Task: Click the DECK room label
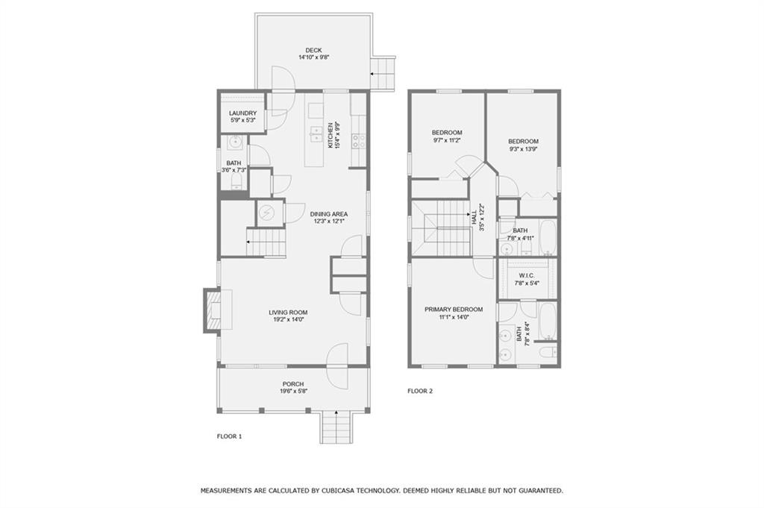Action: coord(313,50)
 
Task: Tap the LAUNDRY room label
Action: coord(242,113)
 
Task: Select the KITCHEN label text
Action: coord(330,135)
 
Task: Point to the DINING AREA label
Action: coord(329,214)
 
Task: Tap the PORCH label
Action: coord(293,384)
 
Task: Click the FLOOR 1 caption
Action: coord(229,436)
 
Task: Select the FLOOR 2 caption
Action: coord(420,391)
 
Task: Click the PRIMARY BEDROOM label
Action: coord(454,310)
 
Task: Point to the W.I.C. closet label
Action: coord(527,275)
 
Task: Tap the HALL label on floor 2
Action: coord(474,217)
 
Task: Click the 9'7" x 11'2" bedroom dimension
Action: coord(447,139)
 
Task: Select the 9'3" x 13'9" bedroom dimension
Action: coord(523,149)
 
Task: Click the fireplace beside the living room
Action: coord(213,310)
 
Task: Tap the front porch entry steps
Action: coord(336,427)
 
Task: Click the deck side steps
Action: coord(383,74)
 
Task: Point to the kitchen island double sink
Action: coord(315,134)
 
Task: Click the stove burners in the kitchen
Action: coord(359,141)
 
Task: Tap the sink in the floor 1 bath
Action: coord(235,142)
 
